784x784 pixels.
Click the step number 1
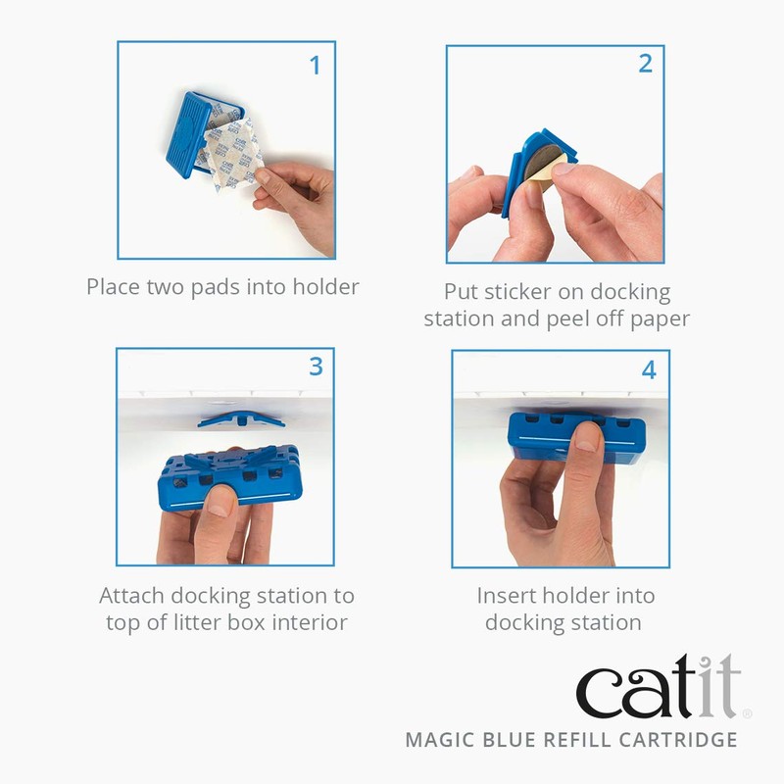pyautogui.click(x=315, y=66)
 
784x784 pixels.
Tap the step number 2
pyautogui.click(x=645, y=64)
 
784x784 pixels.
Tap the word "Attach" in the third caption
pyautogui.click(x=131, y=596)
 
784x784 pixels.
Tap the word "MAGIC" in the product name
pyautogui.click(x=443, y=740)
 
